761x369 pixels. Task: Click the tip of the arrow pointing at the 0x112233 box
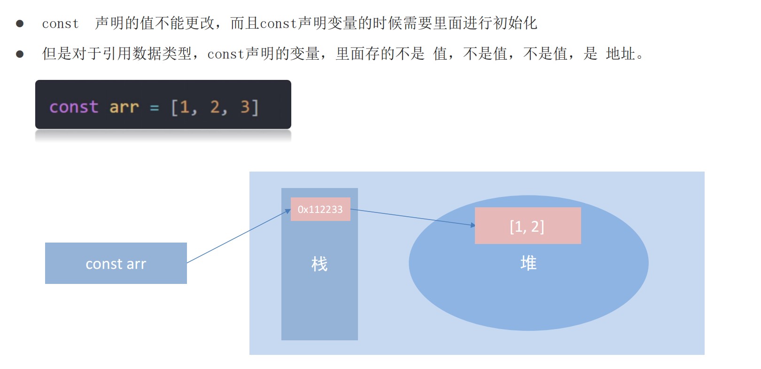(x=290, y=210)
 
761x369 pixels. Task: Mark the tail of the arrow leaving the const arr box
(x=187, y=263)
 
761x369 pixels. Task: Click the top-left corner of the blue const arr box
(x=45, y=243)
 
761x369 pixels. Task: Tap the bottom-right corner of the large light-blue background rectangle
(x=704, y=354)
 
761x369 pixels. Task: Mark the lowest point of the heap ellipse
(x=528, y=330)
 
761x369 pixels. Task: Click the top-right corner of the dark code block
(x=291, y=80)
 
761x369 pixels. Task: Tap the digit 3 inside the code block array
(x=245, y=107)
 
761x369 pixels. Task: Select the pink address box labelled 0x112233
(x=320, y=209)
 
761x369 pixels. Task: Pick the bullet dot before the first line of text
(x=20, y=24)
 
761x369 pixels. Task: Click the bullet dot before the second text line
(x=20, y=54)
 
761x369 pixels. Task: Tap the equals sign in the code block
(x=154, y=108)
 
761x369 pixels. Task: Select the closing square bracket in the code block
(x=255, y=108)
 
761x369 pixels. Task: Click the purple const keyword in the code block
(x=74, y=107)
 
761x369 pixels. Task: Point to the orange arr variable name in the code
(x=124, y=108)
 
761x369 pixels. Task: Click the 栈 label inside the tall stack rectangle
(x=319, y=264)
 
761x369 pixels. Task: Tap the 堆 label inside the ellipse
(x=528, y=263)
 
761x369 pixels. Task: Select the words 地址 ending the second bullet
(x=621, y=54)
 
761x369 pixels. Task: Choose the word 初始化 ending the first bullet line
(x=515, y=23)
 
